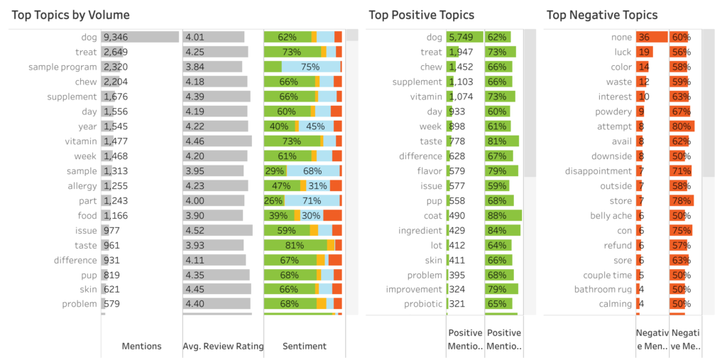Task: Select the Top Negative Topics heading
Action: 602,15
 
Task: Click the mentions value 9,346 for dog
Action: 116,37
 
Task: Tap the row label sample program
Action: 62,67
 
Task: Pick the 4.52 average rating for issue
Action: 194,230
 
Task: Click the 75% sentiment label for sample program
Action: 310,67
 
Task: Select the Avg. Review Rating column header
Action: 223,346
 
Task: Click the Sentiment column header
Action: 305,346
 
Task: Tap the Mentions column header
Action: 141,346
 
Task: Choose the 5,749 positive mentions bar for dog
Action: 464,37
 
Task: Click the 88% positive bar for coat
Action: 503,215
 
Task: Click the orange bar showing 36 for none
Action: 651,37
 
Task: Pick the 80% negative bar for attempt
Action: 682,126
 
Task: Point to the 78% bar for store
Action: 681,200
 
